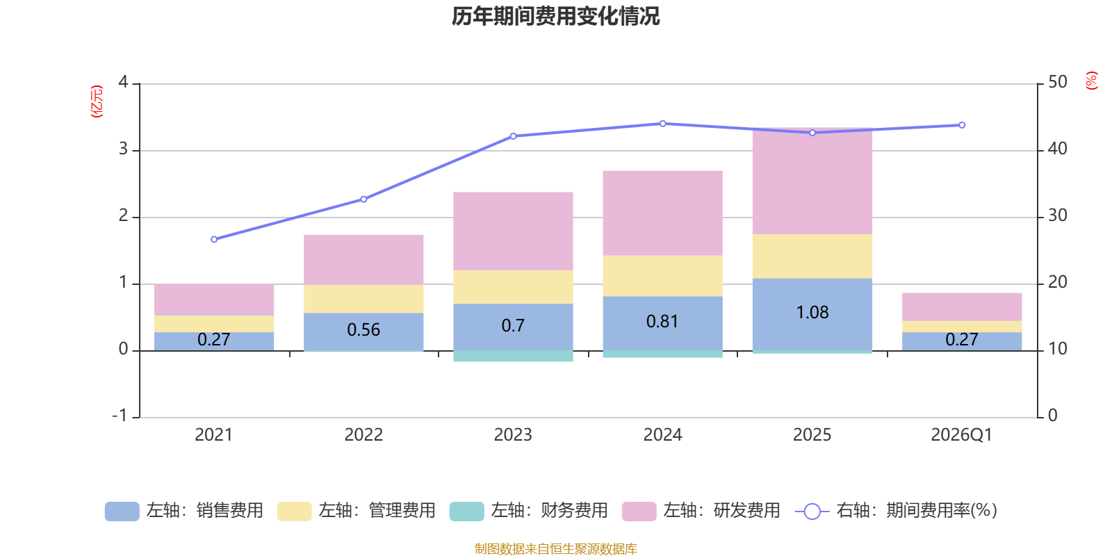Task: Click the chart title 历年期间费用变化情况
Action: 555,16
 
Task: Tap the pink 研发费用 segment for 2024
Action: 662,213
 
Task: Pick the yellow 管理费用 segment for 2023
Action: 513,287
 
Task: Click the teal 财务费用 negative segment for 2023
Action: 513,357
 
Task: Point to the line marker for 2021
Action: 214,239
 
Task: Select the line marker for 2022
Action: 363,199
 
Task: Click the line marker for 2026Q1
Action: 962,125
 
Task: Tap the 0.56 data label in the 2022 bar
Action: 363,329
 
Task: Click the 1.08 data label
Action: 812,313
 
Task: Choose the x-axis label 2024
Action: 662,435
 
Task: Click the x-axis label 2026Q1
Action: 961,435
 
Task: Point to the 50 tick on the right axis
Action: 1057,82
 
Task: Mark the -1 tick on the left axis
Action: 120,415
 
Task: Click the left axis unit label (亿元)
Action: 97,101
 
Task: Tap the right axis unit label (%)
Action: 1092,81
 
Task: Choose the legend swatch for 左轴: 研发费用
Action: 639,512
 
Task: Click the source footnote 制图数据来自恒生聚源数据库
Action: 555,549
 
